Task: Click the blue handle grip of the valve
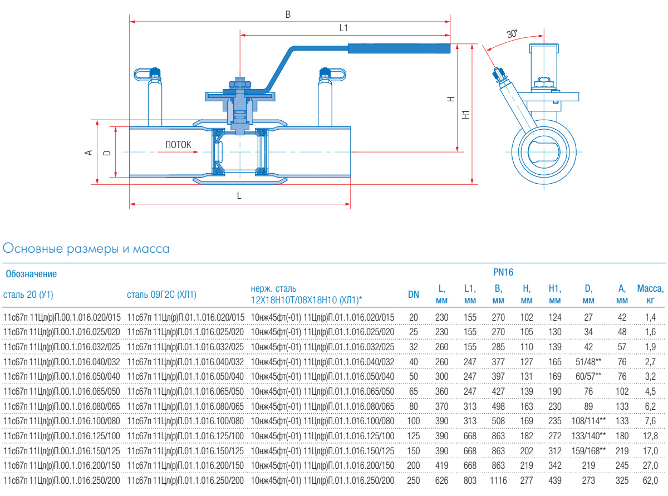pyautogui.click(x=399, y=48)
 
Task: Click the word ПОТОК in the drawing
pyautogui.click(x=178, y=145)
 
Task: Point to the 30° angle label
pyautogui.click(x=512, y=34)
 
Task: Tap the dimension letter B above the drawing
pyautogui.click(x=288, y=15)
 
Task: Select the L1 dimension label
pyautogui.click(x=343, y=27)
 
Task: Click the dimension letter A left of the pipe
pyautogui.click(x=87, y=152)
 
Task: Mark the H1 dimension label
pyautogui.click(x=466, y=114)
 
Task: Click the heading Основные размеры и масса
pyautogui.click(x=86, y=248)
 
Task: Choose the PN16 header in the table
pyautogui.click(x=503, y=272)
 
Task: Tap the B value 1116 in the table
pyautogui.click(x=498, y=480)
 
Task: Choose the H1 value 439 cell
pyautogui.click(x=554, y=480)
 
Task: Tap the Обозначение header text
pyautogui.click(x=31, y=274)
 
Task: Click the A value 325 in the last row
pyautogui.click(x=622, y=480)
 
